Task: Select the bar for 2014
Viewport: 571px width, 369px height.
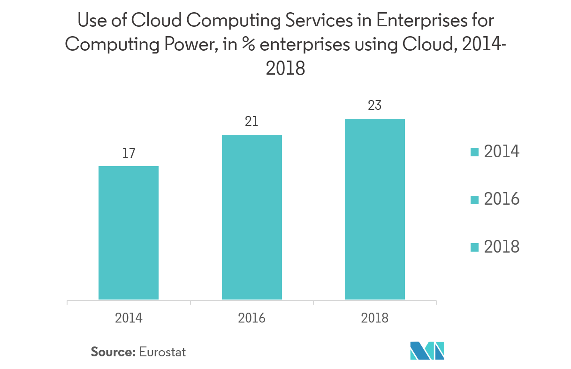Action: pyautogui.click(x=129, y=232)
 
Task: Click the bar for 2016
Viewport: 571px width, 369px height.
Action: pyautogui.click(x=252, y=217)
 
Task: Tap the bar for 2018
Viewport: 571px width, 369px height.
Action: pyautogui.click(x=375, y=209)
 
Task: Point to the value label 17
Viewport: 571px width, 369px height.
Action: pyautogui.click(x=129, y=153)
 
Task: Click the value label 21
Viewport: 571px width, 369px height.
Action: pyautogui.click(x=252, y=122)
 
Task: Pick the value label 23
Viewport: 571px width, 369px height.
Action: pyautogui.click(x=375, y=106)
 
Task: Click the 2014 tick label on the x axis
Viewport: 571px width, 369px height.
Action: pyautogui.click(x=129, y=318)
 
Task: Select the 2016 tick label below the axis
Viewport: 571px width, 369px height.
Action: pyautogui.click(x=252, y=318)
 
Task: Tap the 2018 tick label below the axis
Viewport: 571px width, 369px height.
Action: pyautogui.click(x=375, y=318)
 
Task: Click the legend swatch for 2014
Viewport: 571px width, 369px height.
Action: pyautogui.click(x=474, y=152)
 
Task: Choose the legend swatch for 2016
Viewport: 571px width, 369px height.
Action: pyautogui.click(x=474, y=200)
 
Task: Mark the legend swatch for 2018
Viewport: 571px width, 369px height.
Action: pyautogui.click(x=474, y=247)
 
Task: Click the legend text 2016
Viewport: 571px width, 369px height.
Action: pyautogui.click(x=502, y=200)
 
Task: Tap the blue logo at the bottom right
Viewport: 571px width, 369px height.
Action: pyautogui.click(x=427, y=351)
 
